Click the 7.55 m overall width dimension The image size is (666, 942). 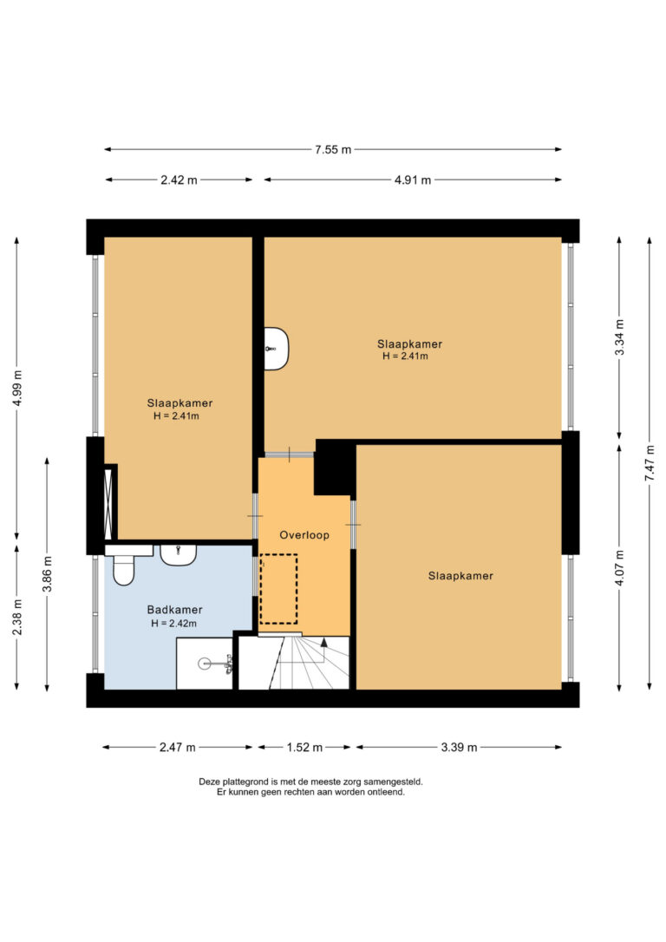point(333,149)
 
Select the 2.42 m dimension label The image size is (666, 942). point(179,180)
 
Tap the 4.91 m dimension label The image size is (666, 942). point(413,180)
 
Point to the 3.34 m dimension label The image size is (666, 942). point(619,337)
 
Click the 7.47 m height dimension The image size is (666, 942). point(650,462)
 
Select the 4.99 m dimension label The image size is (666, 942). point(16,388)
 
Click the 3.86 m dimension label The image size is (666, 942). point(48,573)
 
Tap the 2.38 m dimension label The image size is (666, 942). point(16,617)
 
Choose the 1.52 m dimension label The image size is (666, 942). point(304,748)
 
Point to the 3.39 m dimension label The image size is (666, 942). point(459,748)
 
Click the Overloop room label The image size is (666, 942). point(304,534)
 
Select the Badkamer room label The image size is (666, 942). point(175,610)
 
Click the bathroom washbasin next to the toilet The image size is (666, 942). point(179,554)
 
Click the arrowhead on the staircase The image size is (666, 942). point(324,642)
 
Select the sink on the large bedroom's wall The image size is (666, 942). point(277,349)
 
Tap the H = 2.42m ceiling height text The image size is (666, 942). point(173,624)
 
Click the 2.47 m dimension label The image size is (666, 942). point(177,748)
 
